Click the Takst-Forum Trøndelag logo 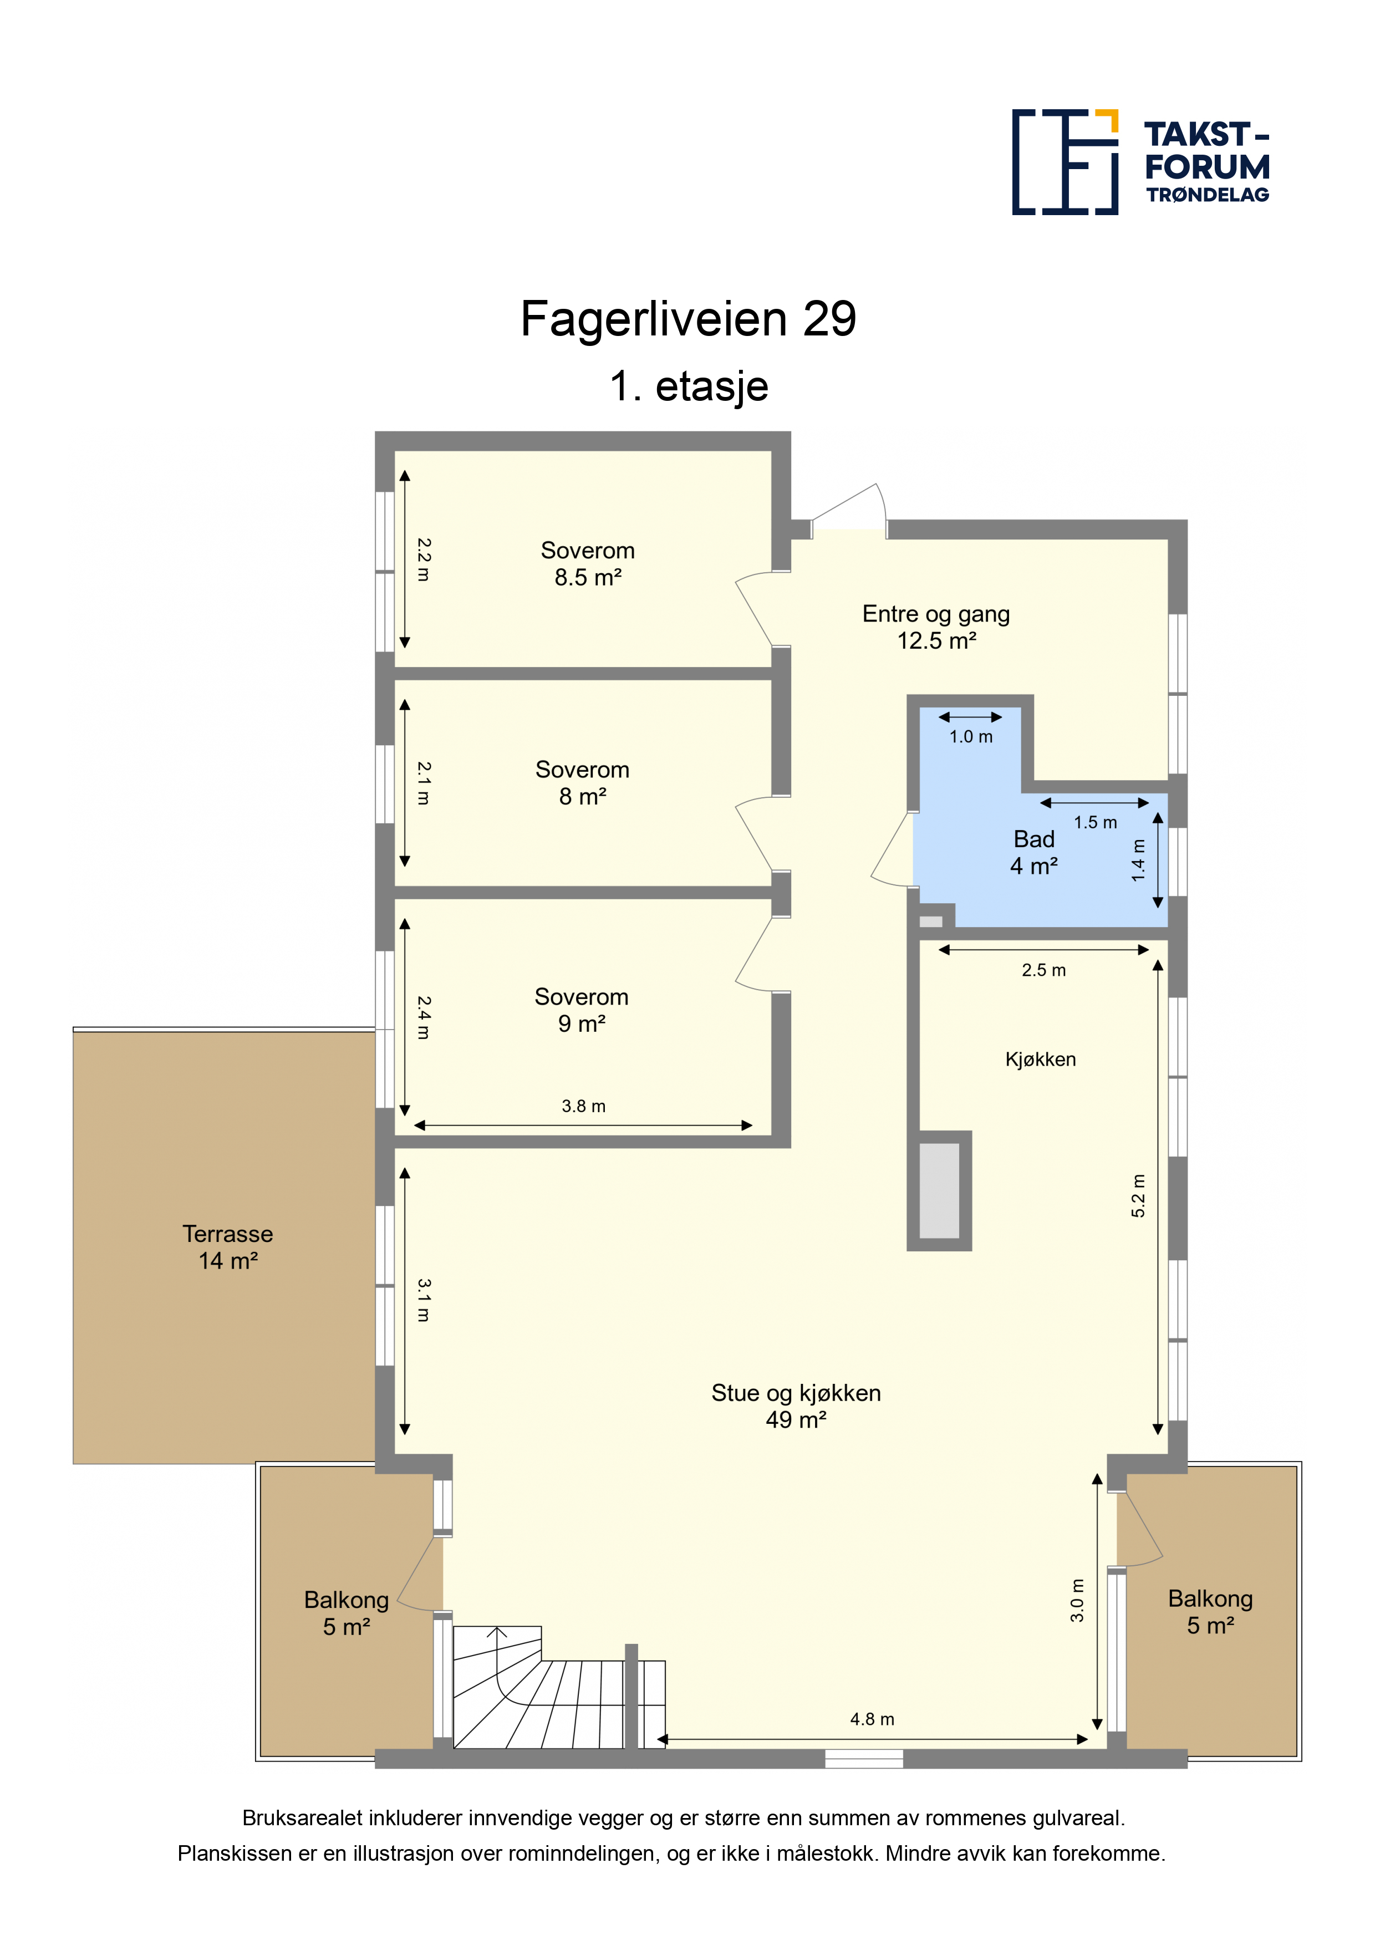(1140, 162)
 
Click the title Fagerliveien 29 (688, 319)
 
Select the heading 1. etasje (689, 386)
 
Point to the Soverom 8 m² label (582, 783)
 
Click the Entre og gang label (936, 627)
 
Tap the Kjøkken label (1040, 1059)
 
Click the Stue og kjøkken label (796, 1406)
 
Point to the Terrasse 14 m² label (228, 1247)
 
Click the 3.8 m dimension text (584, 1106)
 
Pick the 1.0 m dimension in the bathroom (971, 737)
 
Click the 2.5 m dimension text (1044, 970)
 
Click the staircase (559, 1688)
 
